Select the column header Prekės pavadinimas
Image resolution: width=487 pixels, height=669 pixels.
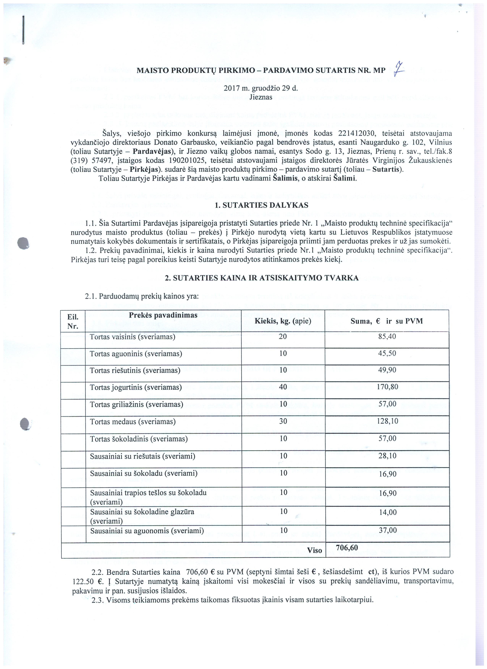[x=163, y=315]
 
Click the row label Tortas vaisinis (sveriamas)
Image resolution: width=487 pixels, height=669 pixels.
[x=133, y=337]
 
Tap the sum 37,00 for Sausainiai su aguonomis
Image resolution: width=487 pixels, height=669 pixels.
[x=387, y=531]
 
